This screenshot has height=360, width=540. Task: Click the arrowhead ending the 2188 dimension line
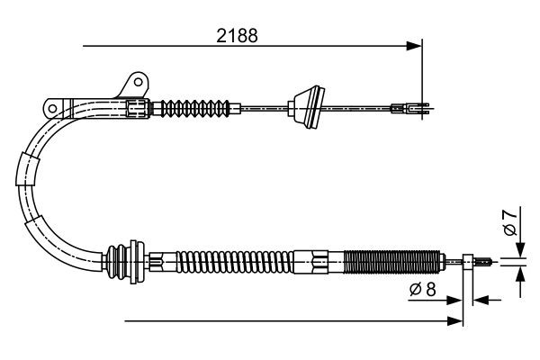coord(416,44)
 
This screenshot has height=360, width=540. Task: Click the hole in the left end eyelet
coord(52,109)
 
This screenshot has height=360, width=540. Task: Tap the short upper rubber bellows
coord(193,107)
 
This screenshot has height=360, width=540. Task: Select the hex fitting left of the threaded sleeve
coord(319,263)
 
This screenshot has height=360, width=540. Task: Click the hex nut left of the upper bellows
coord(137,108)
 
